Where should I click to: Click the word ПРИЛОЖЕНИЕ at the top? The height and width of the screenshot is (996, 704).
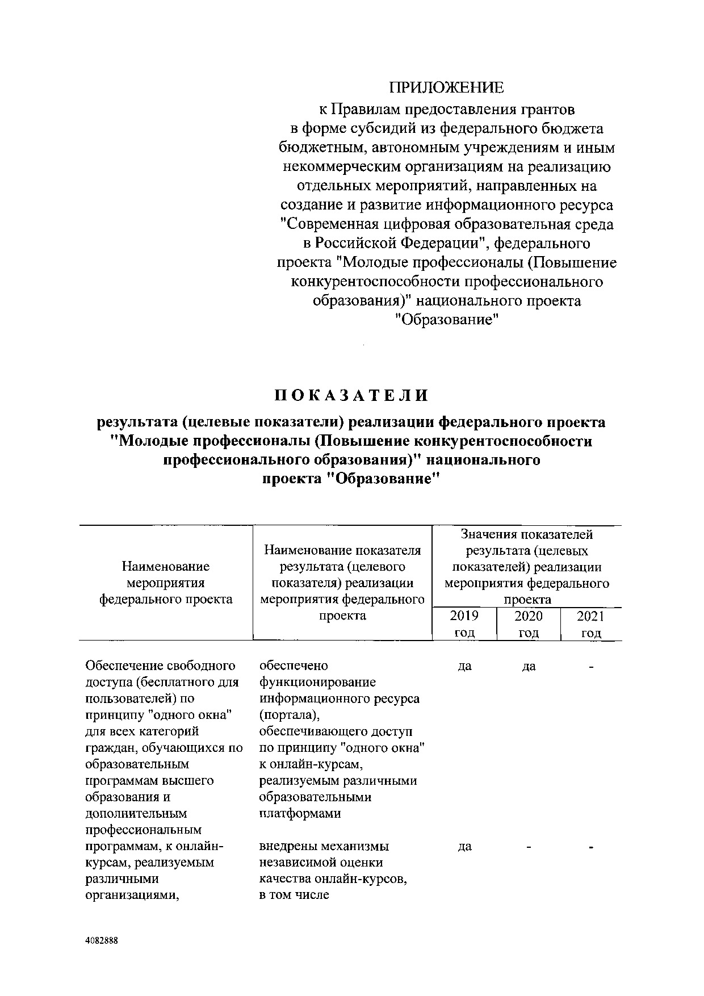tap(446, 87)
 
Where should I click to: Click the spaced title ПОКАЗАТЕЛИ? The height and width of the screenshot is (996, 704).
tap(351, 395)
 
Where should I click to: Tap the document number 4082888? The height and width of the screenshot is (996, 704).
tap(102, 940)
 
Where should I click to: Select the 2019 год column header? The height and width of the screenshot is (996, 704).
tap(464, 624)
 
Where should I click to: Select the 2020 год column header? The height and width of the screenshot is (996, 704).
tap(528, 624)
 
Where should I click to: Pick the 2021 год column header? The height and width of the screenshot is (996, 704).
tap(590, 624)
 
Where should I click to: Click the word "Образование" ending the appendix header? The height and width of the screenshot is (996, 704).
tap(446, 320)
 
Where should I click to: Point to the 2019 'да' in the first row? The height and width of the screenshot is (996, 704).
tap(464, 666)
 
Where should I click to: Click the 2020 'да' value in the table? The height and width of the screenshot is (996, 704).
tap(528, 666)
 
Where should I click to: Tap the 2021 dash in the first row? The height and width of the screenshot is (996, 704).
tap(591, 667)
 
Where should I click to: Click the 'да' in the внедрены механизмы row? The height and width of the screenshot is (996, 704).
tap(464, 847)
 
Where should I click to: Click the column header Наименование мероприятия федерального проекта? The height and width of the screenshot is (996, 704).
tap(166, 583)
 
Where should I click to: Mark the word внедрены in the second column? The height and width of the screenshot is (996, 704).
tap(288, 846)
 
